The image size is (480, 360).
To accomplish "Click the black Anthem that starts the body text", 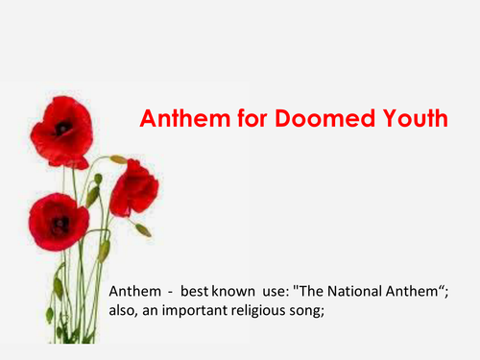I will (133, 291).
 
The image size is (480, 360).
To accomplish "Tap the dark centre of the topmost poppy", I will (62, 127).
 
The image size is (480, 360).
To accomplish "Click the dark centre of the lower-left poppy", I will (59, 223).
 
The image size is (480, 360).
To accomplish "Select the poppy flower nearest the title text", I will (132, 187).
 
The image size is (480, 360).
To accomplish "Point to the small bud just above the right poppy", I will (118, 159).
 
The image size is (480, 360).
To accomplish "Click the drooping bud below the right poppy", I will (143, 229).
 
